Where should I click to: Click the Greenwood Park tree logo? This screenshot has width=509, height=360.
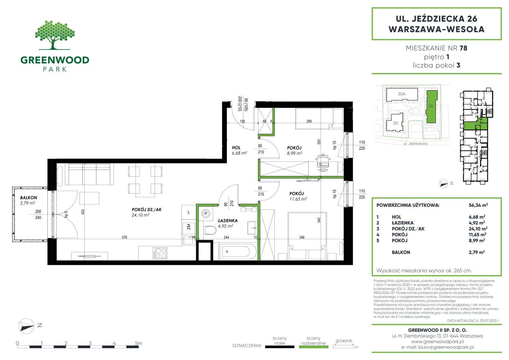coord(55,35)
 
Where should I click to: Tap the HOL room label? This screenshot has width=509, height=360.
coord(236,148)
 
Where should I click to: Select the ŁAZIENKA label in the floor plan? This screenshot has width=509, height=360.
coord(228,220)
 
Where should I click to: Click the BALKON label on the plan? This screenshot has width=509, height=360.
coord(28,198)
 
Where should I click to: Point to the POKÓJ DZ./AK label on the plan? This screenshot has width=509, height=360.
coord(147,209)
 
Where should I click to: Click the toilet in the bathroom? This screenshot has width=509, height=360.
coord(210,230)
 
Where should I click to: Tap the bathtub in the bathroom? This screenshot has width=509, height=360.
coord(238,251)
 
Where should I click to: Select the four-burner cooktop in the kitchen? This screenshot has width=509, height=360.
coord(160,253)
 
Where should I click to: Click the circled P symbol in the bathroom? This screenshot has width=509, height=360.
coord(206,214)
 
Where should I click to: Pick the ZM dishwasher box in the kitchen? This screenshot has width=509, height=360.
coord(189,227)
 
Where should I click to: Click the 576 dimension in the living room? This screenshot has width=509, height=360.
coord(124,237)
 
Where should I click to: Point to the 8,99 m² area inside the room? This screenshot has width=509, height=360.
coord(295,153)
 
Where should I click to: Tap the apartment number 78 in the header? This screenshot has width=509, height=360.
coord(463,48)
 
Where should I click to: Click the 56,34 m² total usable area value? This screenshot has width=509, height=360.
coord(478,205)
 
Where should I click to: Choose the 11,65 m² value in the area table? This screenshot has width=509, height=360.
coord(478,234)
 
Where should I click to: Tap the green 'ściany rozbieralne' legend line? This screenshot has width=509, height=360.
coord(313,347)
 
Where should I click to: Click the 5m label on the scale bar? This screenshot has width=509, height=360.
coord(138,343)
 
